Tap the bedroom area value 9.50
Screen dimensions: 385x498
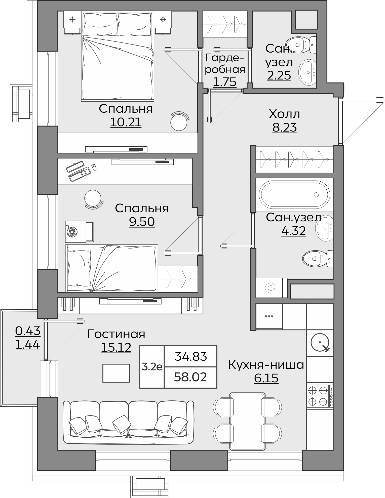pos(142,222)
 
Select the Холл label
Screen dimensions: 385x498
pos(284,114)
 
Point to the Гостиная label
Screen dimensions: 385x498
pos(116,334)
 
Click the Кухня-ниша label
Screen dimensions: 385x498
pos(266,365)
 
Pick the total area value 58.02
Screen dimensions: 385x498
pos(190,377)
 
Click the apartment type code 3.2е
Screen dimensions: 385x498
pos(152,367)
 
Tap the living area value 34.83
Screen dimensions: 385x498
pos(191,356)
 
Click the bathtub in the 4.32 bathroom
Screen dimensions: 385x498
pos(294,194)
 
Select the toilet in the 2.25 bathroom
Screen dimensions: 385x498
pos(301,45)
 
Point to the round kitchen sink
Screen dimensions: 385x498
pos(320,342)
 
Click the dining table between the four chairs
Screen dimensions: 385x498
pos(247,421)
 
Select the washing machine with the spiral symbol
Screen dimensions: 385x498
pos(272,287)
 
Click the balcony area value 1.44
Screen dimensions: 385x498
pos(27,344)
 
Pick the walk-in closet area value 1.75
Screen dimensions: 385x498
pos(225,82)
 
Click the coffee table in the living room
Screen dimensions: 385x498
pos(116,373)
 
